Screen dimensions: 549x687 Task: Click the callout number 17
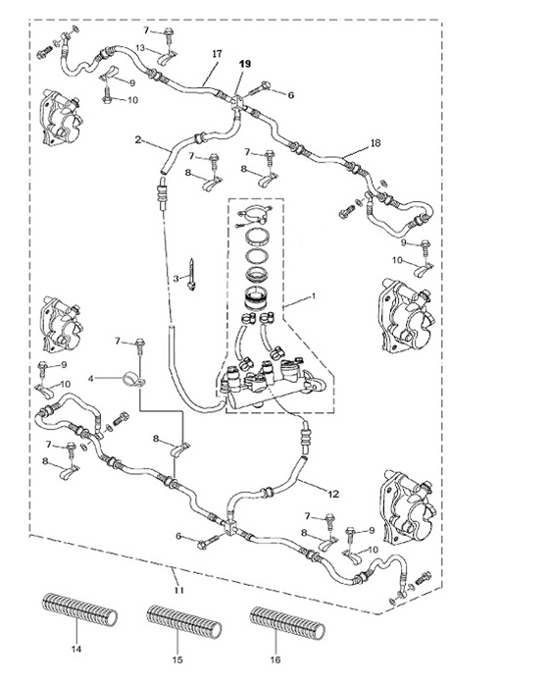pos(217,54)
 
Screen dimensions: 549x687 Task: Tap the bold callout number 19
pos(245,64)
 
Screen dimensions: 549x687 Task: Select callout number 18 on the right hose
pos(375,143)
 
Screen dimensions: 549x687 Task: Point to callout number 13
pos(139,48)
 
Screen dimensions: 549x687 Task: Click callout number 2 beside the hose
pos(138,140)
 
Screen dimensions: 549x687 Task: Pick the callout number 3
pos(176,278)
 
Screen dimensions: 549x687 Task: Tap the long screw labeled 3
pos(191,274)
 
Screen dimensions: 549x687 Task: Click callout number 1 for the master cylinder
pos(313,296)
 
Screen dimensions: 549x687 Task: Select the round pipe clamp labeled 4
pos(131,380)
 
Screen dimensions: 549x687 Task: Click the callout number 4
pos(91,378)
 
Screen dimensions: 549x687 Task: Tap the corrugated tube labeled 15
pos(184,621)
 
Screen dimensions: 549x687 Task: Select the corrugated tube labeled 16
pos(287,622)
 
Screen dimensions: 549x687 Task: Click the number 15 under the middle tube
pos(177,660)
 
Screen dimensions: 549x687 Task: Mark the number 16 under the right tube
pos(275,660)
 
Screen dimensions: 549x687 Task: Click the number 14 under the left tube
pos(76,649)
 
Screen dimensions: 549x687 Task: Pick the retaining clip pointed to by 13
pos(167,58)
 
